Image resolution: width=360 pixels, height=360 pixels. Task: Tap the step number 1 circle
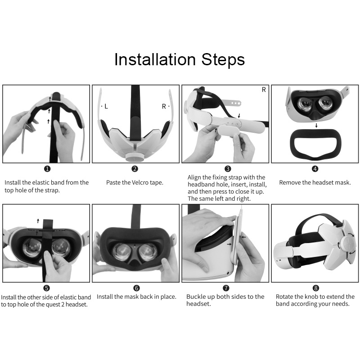47,169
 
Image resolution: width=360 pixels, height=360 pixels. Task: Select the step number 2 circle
135,169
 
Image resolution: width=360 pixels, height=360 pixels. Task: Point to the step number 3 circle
228,169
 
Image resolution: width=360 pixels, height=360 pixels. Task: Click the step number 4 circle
315,169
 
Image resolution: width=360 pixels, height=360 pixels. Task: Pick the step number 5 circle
47,288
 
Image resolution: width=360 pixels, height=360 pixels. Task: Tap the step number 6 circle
137,288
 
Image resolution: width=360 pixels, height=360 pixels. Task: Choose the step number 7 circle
226,288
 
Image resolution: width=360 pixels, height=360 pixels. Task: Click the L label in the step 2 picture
106,107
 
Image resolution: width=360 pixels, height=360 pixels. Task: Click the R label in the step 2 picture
164,107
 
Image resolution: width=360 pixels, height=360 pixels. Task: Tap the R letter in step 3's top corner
264,90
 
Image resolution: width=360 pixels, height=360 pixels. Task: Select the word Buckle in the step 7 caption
196,297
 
